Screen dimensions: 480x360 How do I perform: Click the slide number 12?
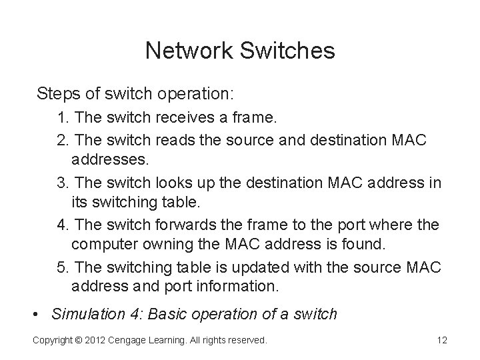click(441, 341)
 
